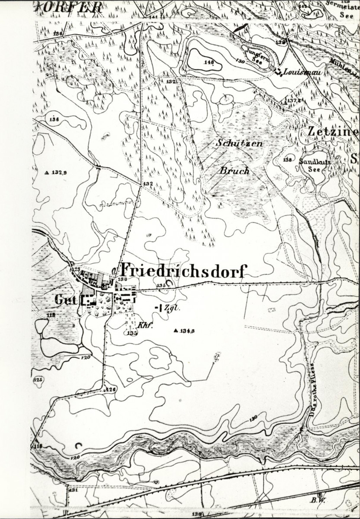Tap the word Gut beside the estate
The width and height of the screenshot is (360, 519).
[63, 299]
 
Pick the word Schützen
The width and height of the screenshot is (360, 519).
[240, 143]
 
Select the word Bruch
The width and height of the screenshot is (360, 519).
[234, 170]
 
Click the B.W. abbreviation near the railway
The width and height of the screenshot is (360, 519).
[321, 500]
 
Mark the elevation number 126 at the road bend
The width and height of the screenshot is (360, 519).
[111, 389]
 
